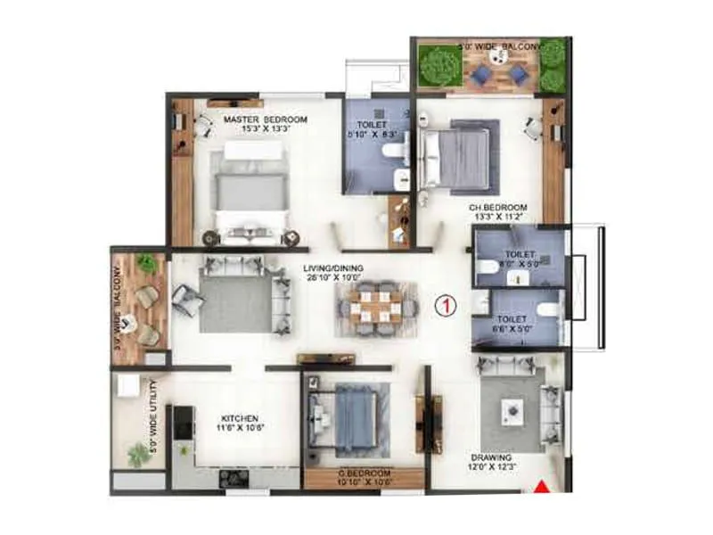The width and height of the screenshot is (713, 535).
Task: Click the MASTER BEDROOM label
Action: (266, 119)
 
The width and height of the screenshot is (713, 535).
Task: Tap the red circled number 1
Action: (442, 306)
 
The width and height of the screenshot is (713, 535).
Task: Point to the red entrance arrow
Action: (541, 487)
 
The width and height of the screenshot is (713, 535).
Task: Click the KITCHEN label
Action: (240, 417)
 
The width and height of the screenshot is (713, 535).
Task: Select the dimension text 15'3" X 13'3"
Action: (266, 128)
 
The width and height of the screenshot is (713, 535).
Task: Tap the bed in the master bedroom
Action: (249, 192)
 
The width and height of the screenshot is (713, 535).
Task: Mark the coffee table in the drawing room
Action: (512, 410)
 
